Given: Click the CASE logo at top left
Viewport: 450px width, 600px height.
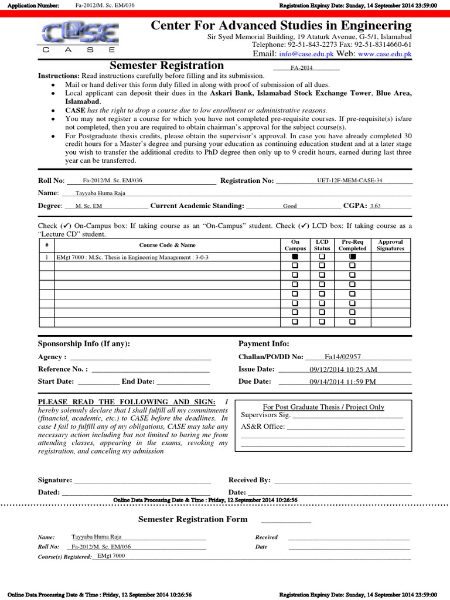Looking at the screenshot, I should [x=79, y=38].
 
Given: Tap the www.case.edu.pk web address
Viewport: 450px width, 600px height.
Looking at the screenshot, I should [x=384, y=54].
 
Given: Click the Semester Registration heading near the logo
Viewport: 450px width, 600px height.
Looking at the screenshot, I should [x=167, y=66].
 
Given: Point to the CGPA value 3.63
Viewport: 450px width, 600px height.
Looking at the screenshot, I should [x=376, y=206].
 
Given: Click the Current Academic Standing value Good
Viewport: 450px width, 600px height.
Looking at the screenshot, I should [x=290, y=206].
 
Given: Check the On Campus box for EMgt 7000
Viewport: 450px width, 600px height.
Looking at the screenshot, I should [x=295, y=257].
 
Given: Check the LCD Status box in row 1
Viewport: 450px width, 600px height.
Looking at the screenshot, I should [x=322, y=257].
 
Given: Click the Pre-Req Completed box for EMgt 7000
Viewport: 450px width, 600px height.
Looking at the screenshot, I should [x=352, y=257].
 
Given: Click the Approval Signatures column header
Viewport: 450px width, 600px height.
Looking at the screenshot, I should [x=390, y=245].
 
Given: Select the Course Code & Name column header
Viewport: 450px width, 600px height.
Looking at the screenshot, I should [x=167, y=245].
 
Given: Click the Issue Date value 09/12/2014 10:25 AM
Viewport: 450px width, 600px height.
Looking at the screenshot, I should [x=343, y=369].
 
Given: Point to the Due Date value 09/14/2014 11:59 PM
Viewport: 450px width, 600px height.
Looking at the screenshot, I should [x=343, y=381].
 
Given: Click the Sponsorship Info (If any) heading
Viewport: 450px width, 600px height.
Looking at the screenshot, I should [x=84, y=344].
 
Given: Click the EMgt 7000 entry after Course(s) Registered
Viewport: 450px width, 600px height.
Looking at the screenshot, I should [x=111, y=555].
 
